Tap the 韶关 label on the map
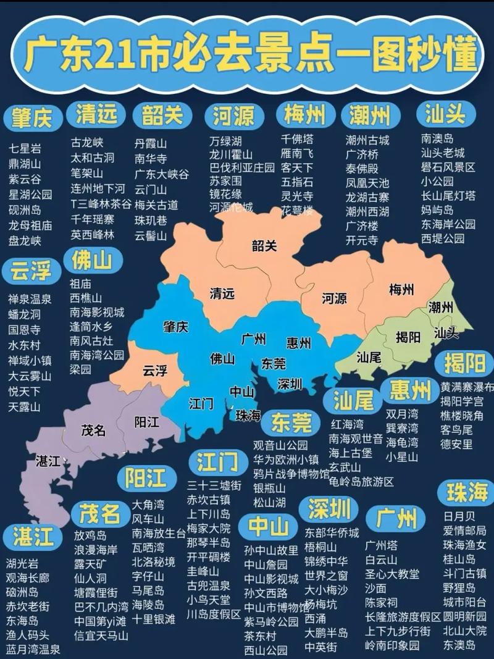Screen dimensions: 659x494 point(264,246)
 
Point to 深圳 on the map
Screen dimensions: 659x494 point(289,384)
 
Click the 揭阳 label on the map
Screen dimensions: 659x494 point(408,337)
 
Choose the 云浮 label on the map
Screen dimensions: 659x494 point(155,371)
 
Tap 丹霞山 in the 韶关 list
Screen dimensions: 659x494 point(151,143)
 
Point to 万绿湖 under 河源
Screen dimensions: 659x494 point(225,141)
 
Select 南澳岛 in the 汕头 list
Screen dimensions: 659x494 point(437,139)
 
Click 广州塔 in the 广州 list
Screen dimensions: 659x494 point(381,545)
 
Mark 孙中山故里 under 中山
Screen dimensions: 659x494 point(270,550)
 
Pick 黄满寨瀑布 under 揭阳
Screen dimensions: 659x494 point(467,387)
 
